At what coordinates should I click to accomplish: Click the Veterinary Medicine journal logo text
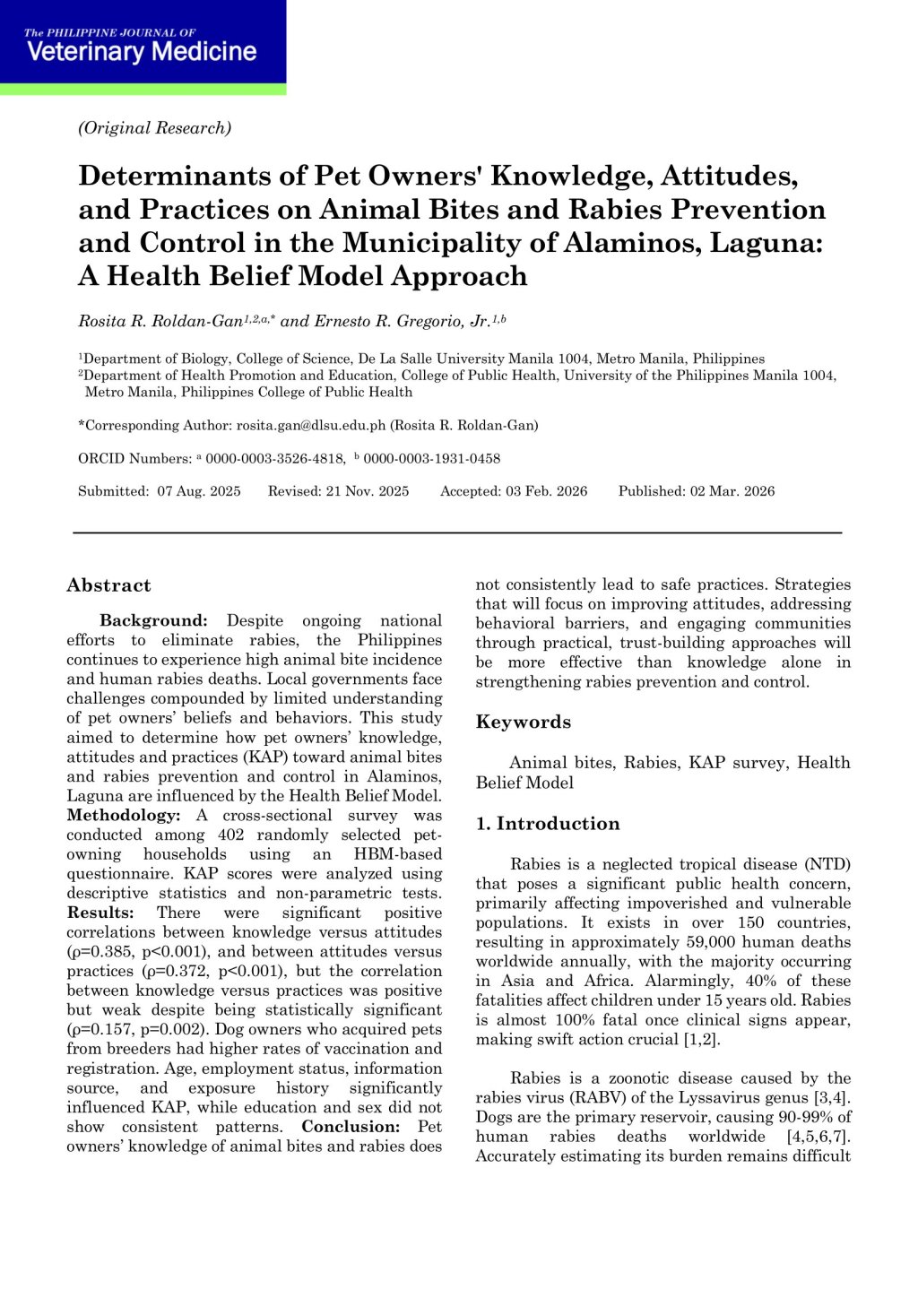coord(142,51)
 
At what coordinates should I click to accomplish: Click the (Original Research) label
coord(154,128)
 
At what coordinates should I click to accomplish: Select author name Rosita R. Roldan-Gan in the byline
coord(160,321)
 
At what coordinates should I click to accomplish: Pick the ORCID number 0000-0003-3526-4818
coord(275,459)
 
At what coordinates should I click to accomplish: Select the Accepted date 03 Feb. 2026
coord(546,491)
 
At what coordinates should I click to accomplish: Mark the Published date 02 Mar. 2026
coord(732,491)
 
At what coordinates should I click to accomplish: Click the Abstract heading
coord(108,586)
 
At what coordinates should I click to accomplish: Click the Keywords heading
coord(523,723)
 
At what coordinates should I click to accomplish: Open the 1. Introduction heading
coord(548,824)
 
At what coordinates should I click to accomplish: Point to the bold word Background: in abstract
coord(153,621)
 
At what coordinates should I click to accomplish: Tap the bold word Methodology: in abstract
coord(124,816)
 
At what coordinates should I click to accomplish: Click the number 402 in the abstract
coord(231,835)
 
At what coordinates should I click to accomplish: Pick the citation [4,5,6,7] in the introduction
coord(818,1137)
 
